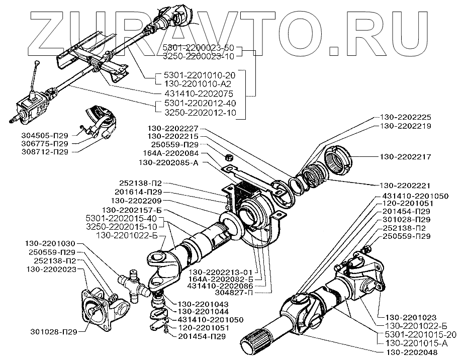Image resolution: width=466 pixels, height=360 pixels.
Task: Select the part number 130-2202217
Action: [x=406, y=157]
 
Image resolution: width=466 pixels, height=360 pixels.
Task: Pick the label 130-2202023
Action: [x=48, y=269]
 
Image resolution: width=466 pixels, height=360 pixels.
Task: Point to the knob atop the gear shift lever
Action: [x=38, y=62]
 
